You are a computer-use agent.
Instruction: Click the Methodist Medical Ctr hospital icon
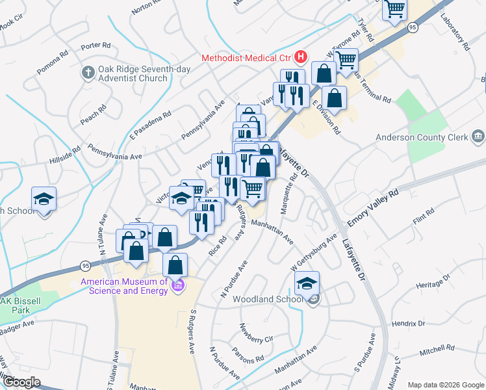pyautogui.click(x=300, y=57)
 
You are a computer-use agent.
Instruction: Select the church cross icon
pyautogui.click(x=88, y=73)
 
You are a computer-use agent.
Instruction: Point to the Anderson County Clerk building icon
pyautogui.click(x=478, y=136)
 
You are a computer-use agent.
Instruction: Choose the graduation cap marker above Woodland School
pyautogui.click(x=307, y=283)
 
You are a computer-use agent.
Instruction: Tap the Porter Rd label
pyautogui.click(x=96, y=46)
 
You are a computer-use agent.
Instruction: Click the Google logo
pyautogui.click(x=21, y=382)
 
